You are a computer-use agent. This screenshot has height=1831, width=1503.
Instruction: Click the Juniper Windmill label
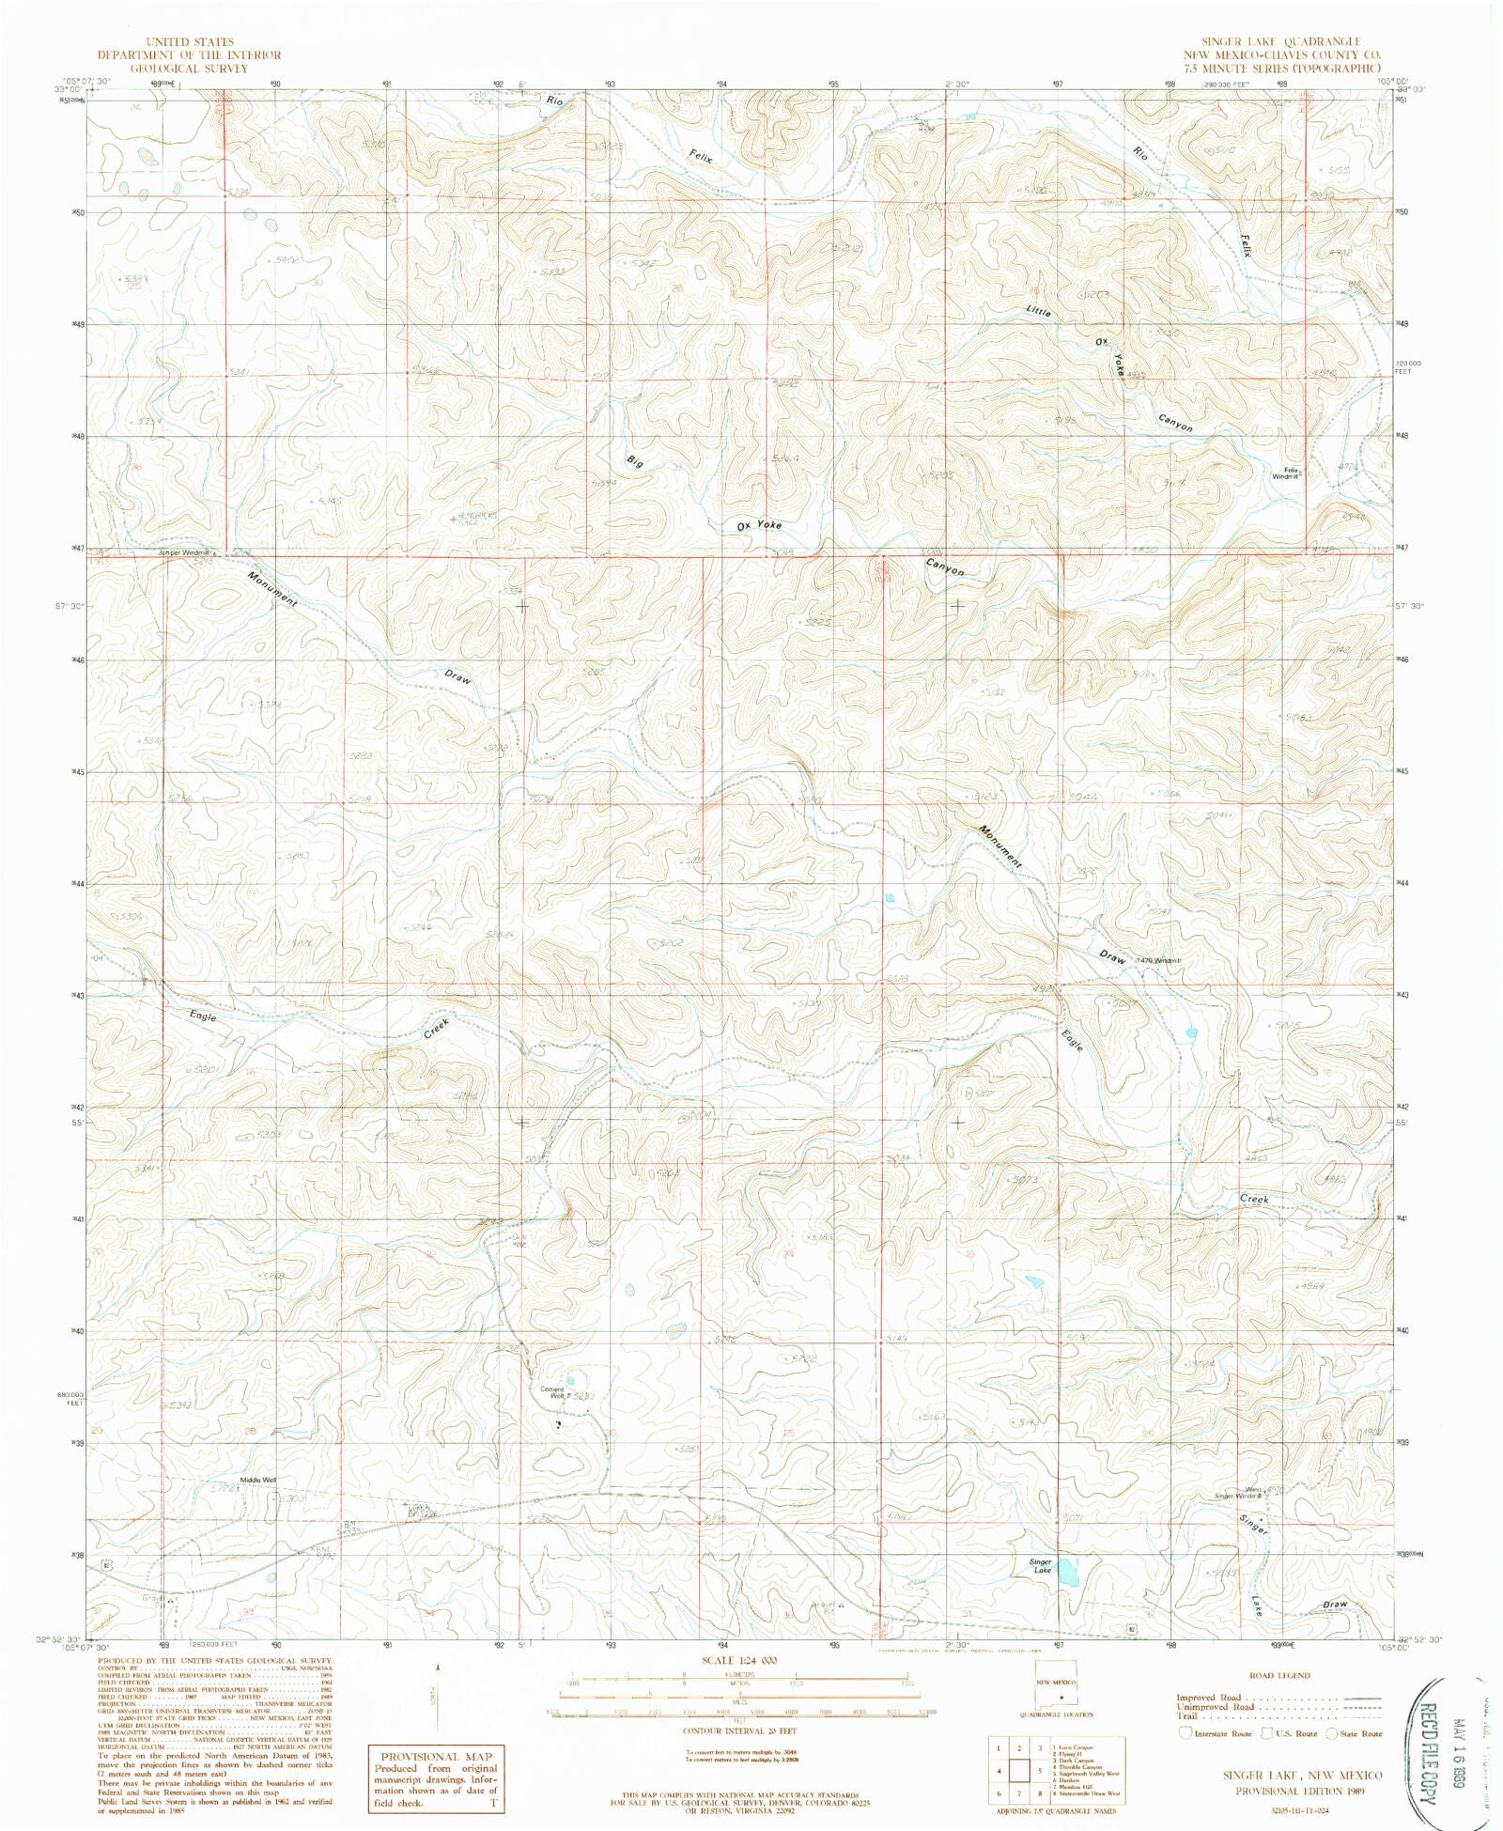pos(183,552)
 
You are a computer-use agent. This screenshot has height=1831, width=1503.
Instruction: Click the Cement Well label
pos(551,1393)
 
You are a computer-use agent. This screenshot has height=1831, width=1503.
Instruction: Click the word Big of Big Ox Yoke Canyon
pos(635,461)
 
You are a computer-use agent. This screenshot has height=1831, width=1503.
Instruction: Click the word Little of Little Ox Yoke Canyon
pos(1038,309)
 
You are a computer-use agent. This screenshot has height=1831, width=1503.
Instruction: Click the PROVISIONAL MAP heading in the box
pos(434,1757)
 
